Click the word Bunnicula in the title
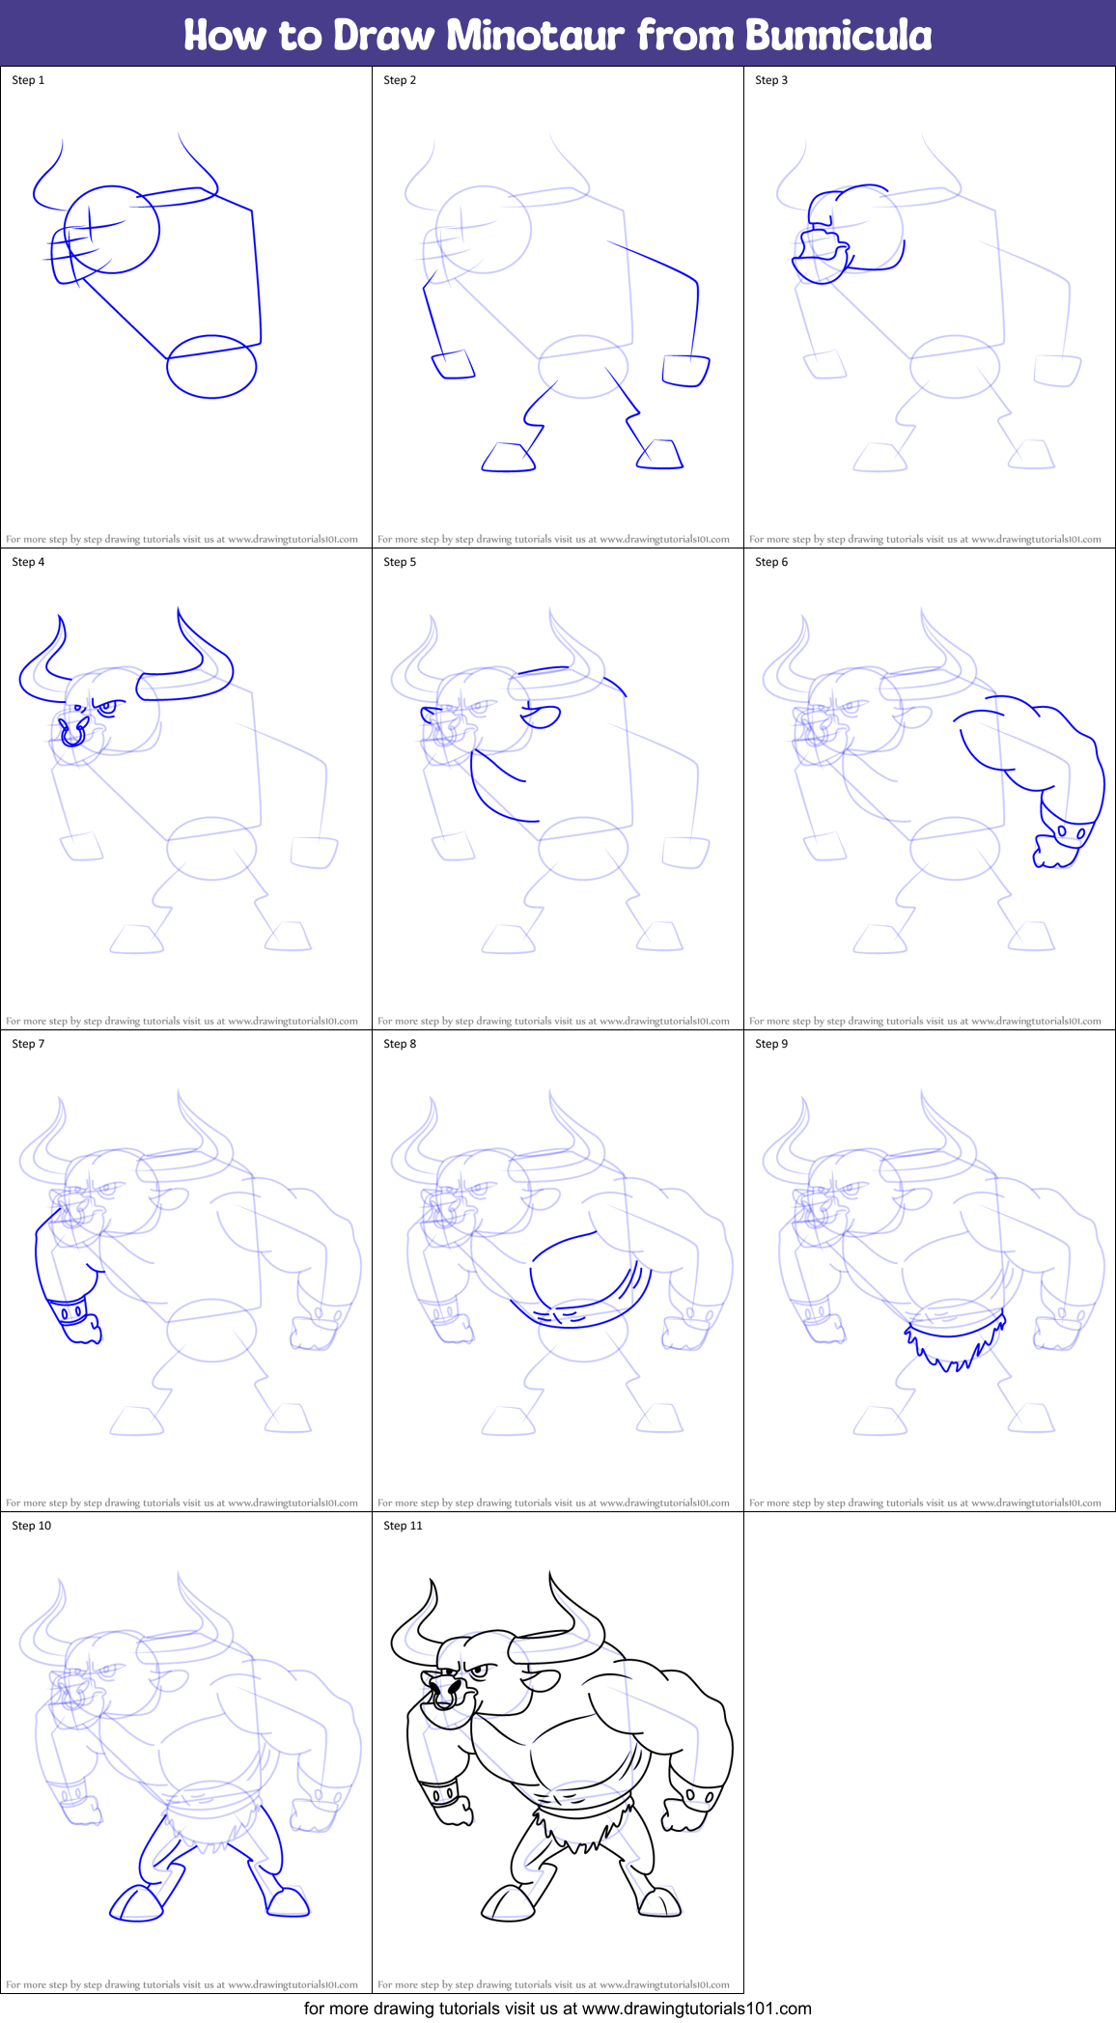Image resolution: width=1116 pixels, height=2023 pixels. tap(838, 35)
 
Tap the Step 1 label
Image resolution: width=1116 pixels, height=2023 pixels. tap(28, 80)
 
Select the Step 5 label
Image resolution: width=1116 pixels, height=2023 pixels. tap(400, 562)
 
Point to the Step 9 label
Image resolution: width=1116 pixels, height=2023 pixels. tap(771, 1044)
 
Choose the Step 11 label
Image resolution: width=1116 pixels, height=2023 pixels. tap(403, 1526)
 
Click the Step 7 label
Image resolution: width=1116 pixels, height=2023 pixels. tap(28, 1044)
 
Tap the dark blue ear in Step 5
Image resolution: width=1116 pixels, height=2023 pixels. tap(541, 717)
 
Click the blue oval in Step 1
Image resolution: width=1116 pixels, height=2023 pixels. tap(211, 366)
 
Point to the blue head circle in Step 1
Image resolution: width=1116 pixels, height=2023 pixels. tap(111, 230)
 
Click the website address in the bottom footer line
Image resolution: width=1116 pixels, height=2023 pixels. tap(696, 2009)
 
